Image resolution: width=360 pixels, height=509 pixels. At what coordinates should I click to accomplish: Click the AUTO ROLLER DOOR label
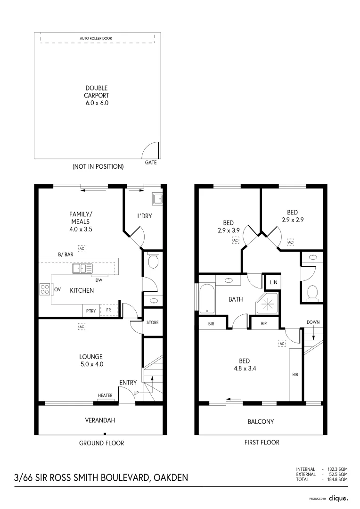coord(96,38)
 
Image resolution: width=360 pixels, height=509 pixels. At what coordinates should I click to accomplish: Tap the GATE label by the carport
coord(151,162)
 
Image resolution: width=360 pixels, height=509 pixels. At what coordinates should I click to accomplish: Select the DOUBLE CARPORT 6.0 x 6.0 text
coord(97,95)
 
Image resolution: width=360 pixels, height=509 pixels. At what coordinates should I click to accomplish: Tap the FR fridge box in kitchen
coord(108,310)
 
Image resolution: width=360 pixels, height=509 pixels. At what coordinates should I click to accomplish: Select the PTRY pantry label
coord(91,311)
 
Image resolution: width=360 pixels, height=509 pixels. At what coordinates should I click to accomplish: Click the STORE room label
coord(152,323)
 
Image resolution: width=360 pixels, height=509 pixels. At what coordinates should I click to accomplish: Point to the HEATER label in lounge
coord(106,395)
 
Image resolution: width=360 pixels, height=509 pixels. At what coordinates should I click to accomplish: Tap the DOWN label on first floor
coord(313,322)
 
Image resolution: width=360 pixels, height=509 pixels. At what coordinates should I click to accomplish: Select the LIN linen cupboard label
coord(273,282)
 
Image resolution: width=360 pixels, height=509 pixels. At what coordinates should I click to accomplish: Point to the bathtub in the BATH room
coord(207,298)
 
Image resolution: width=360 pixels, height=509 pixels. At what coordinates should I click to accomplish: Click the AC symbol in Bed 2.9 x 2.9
coord(290,242)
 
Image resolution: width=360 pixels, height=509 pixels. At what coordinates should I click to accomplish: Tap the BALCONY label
coord(261,422)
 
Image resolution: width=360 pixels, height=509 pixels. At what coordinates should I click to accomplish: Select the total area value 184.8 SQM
coord(337,479)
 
